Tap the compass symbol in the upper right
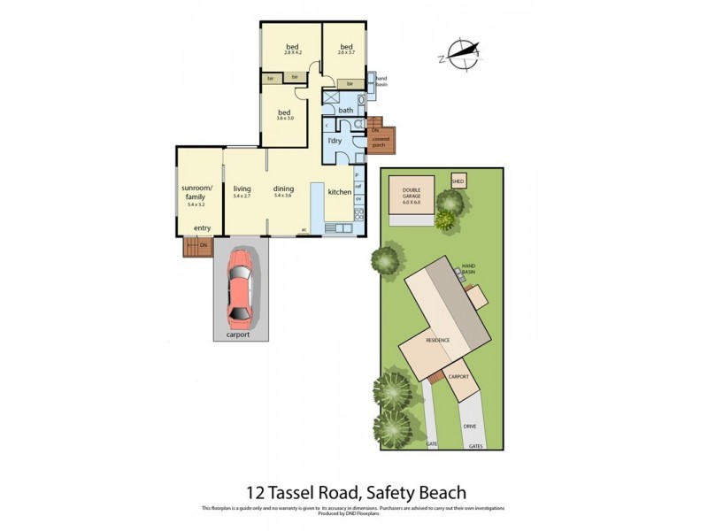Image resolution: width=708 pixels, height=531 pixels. coord(461,54)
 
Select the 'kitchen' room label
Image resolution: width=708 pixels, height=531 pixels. coord(340,191)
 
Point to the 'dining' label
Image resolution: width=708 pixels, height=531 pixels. coord(283,189)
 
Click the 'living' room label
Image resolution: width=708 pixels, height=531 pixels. coord(242,189)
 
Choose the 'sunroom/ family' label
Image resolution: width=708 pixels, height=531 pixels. coord(195,193)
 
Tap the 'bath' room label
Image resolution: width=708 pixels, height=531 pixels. coord(345,111)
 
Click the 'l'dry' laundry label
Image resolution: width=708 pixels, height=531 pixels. coord(335,142)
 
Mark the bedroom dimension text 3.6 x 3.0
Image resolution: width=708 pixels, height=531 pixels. coord(284,119)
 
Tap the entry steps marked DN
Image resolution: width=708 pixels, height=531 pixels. coord(200,245)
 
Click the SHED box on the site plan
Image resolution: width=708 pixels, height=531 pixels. coord(458,181)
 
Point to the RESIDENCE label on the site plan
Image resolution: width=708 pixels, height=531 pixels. coord(438,340)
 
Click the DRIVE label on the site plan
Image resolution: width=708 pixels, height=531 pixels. coord(470,426)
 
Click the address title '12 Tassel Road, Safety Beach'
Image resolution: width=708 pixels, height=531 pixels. coord(354,491)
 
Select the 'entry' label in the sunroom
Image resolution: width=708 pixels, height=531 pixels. coord(202,228)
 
